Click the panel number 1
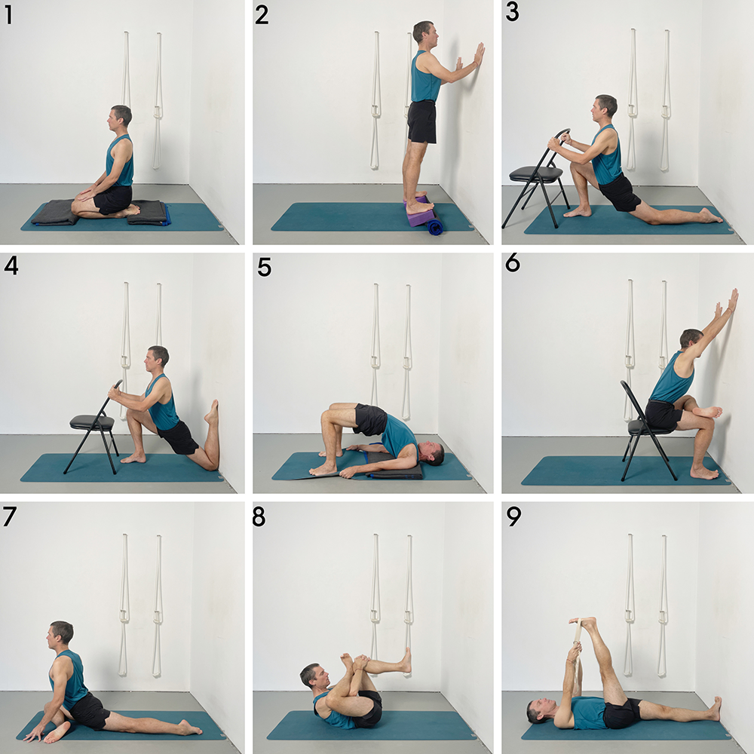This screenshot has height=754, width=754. click(x=8, y=15)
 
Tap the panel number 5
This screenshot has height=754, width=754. click(x=263, y=267)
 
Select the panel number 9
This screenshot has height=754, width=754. click(x=513, y=518)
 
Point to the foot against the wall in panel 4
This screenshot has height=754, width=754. click(x=213, y=413)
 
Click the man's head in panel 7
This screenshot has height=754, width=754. click(x=60, y=633)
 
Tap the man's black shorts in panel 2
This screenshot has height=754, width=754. click(x=422, y=121)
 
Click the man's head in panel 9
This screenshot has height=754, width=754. click(x=538, y=710)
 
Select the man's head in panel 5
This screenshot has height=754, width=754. click(x=431, y=454)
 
